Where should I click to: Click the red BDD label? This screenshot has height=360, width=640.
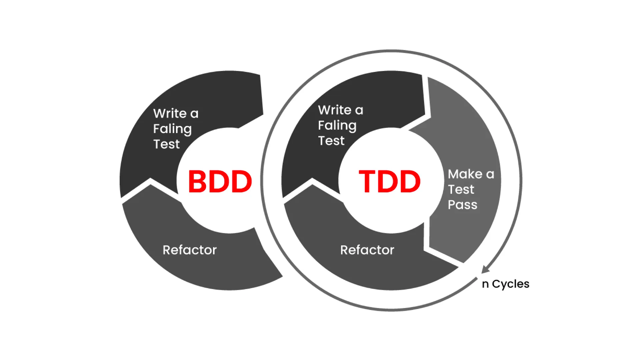pyautogui.click(x=220, y=182)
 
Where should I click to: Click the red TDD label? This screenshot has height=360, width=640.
pyautogui.click(x=389, y=182)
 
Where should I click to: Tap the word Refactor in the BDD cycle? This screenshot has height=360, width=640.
pyautogui.click(x=189, y=250)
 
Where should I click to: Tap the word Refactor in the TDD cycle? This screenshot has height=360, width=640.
pyautogui.click(x=367, y=250)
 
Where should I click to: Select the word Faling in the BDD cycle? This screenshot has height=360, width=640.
pyautogui.click(x=172, y=129)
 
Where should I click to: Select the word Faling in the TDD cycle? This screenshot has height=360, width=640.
pyautogui.click(x=337, y=126)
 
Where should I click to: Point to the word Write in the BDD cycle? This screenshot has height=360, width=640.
pyautogui.click(x=170, y=114)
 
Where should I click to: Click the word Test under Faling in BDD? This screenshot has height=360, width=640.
pyautogui.click(x=166, y=144)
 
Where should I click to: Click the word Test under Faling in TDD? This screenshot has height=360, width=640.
pyautogui.click(x=331, y=141)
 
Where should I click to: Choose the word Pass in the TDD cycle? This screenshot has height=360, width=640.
pyautogui.click(x=462, y=205)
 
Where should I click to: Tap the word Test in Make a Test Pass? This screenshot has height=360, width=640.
pyautogui.click(x=461, y=189)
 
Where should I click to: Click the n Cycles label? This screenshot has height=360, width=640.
pyautogui.click(x=505, y=284)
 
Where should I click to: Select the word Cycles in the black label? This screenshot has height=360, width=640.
pyautogui.click(x=510, y=284)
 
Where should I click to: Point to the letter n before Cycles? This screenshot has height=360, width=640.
pyautogui.click(x=485, y=284)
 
